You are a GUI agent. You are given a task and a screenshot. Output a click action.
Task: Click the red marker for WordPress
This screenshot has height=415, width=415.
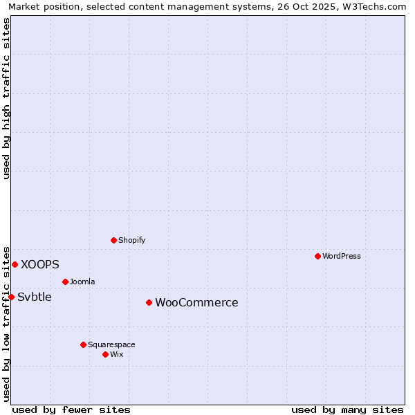(x=317, y=256)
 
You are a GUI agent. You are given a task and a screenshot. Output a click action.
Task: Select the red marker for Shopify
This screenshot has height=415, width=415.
(x=113, y=240)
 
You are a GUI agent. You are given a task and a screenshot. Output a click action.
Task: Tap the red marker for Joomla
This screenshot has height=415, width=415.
(x=65, y=282)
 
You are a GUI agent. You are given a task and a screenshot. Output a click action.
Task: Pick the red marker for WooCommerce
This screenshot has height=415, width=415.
(x=149, y=302)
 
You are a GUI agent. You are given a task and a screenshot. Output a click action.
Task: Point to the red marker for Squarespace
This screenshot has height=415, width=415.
(x=83, y=344)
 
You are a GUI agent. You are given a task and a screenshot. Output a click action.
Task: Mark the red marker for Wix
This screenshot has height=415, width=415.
(x=105, y=354)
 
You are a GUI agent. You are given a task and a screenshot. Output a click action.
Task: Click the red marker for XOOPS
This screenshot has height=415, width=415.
(x=15, y=264)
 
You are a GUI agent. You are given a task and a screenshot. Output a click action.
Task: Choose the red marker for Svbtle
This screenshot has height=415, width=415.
(x=11, y=297)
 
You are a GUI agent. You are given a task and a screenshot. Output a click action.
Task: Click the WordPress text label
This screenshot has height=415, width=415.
(x=342, y=256)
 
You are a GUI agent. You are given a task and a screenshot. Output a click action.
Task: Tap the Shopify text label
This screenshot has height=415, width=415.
(x=131, y=240)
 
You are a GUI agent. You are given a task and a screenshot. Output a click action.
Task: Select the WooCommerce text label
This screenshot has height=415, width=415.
(x=196, y=302)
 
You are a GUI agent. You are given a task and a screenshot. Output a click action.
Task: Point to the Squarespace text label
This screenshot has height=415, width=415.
(x=111, y=344)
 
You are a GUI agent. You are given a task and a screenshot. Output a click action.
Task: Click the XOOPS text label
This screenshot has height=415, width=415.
(x=40, y=264)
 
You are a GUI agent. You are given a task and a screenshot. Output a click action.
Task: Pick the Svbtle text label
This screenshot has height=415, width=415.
(x=35, y=297)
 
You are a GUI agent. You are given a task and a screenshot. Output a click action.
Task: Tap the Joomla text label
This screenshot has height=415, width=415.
(x=82, y=282)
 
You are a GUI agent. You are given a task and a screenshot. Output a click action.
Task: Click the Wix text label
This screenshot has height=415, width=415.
(x=117, y=354)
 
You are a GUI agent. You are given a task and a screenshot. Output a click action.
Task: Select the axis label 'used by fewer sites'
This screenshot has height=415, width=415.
(x=71, y=409)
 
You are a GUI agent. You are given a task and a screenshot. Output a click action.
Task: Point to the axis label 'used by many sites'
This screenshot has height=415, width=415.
(x=347, y=409)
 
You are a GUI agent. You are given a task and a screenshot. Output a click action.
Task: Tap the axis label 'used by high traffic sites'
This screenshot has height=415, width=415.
(x=7, y=98)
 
